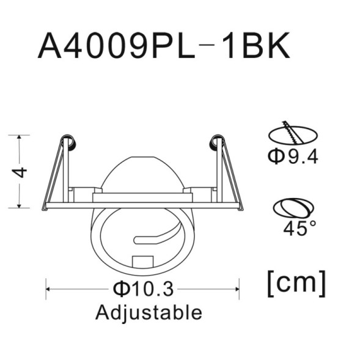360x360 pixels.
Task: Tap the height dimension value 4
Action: coord(21,172)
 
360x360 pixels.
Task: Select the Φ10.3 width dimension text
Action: coord(143,287)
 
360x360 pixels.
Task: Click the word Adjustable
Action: coord(149,312)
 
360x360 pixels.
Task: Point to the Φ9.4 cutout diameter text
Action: coord(293,157)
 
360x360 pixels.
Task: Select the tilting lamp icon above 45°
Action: coord(293,208)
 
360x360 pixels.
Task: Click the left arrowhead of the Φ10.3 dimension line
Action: coord(49,287)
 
